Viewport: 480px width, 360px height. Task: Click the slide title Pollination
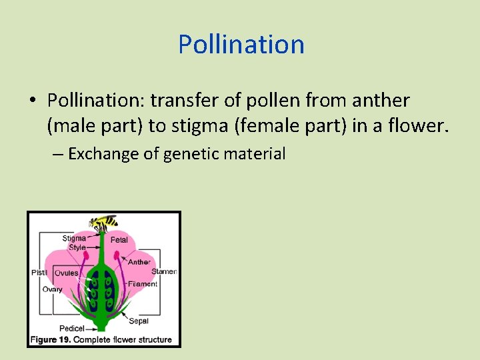point(241,45)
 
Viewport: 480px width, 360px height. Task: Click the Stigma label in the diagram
point(73,238)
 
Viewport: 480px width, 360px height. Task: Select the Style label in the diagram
point(76,247)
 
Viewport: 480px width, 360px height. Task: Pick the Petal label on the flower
point(119,239)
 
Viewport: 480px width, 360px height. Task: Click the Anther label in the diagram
point(139,262)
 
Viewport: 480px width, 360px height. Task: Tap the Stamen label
point(163,271)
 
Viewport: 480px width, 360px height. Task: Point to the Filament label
point(143,284)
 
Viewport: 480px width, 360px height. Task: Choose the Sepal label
point(139,321)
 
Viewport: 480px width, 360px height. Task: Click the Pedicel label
point(71,329)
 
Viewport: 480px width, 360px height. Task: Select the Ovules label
point(66,273)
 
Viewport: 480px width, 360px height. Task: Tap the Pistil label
point(39,273)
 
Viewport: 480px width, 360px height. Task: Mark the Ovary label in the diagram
point(52,289)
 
